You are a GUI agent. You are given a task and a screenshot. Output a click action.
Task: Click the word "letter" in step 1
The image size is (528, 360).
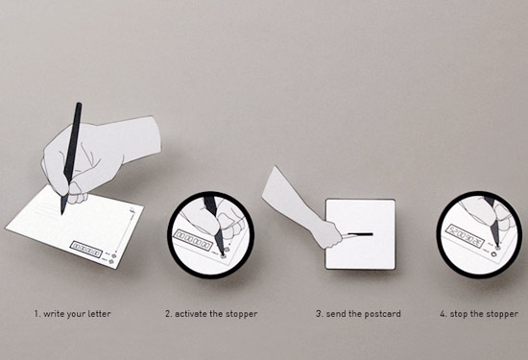99,314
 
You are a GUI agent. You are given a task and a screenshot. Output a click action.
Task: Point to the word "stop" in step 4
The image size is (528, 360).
459,315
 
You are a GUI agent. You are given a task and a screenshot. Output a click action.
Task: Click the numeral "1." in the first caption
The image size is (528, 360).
37,314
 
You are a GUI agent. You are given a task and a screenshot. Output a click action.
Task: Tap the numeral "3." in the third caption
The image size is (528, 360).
320,314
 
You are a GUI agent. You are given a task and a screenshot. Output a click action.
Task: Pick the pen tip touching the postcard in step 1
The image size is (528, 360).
62,213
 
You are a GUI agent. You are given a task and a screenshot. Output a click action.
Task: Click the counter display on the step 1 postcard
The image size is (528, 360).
86,250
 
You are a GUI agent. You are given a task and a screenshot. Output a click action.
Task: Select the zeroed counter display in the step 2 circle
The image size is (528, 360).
193,240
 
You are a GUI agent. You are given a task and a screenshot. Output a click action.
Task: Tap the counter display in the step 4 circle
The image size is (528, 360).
465,236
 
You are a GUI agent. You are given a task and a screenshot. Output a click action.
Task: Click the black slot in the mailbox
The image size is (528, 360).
360,234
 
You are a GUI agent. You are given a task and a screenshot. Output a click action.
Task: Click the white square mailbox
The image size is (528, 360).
360,234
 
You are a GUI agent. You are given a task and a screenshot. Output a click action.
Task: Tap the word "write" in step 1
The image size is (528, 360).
54,314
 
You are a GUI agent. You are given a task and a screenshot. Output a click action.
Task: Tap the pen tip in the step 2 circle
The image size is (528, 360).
223,254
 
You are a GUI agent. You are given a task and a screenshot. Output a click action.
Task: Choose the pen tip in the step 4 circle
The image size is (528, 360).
497,246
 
